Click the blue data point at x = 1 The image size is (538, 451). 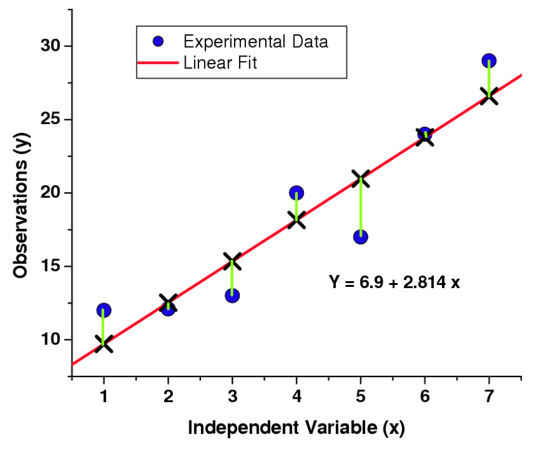click(104, 310)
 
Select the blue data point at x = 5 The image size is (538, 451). click(361, 237)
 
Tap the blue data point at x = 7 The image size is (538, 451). click(488, 61)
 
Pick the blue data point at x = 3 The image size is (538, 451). click(232, 295)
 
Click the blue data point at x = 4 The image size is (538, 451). click(296, 193)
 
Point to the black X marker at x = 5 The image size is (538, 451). click(361, 179)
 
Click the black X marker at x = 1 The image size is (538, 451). click(104, 344)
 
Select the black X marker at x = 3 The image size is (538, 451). click(232, 261)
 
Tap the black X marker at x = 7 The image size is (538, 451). click(488, 97)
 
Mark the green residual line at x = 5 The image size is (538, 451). click(361, 209)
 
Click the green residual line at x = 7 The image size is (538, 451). click(488, 80)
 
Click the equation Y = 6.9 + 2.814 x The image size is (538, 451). click(394, 281)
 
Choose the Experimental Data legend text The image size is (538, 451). click(256, 42)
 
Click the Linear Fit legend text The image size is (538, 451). click(220, 63)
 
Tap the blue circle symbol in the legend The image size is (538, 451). click(158, 42)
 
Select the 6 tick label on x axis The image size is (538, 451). click(425, 396)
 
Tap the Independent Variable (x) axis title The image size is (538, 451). click(296, 427)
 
